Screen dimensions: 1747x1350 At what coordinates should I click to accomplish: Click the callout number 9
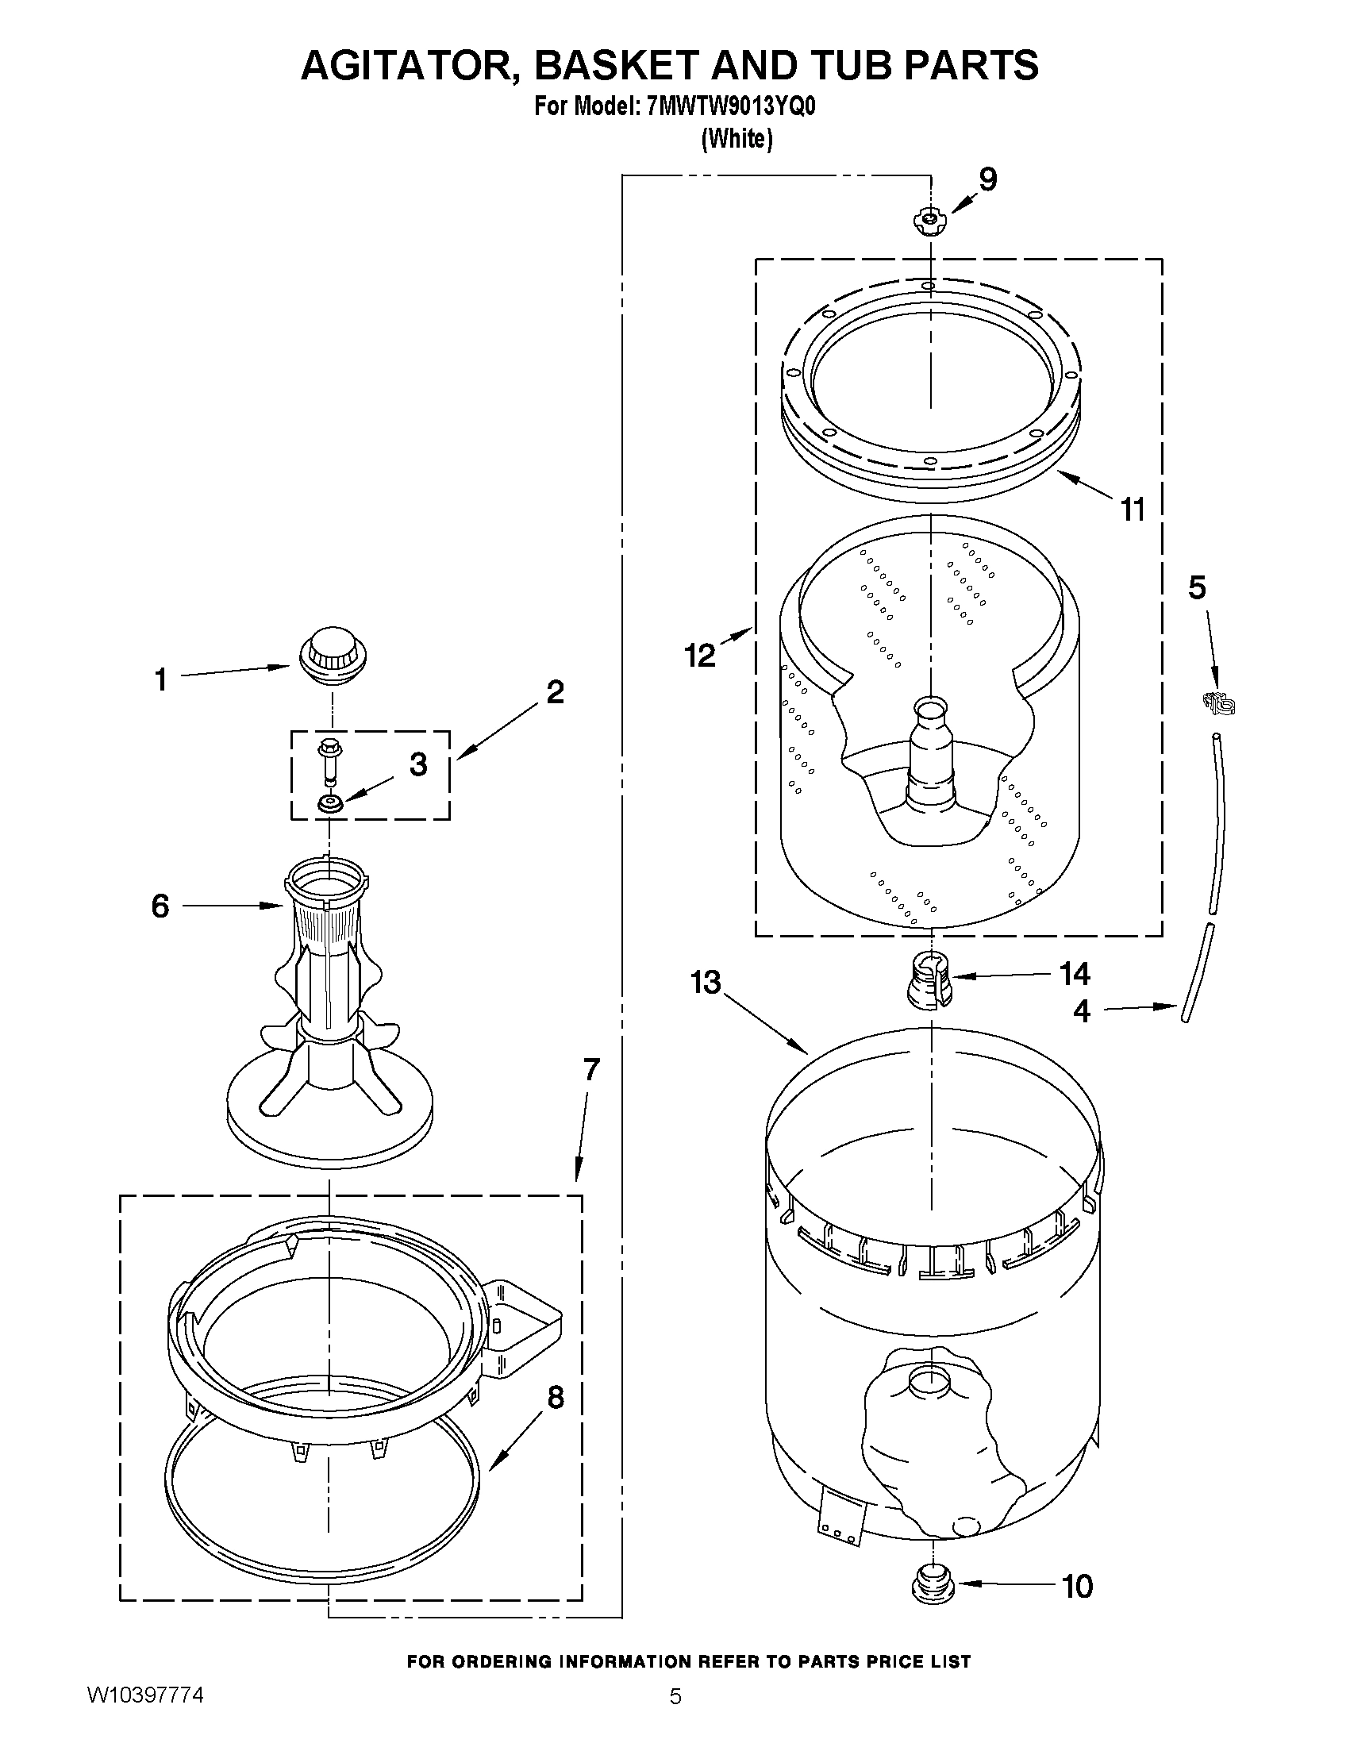pos(989,180)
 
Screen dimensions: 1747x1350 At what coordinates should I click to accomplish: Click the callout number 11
pos(1133,509)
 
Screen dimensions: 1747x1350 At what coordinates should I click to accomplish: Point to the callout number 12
pos(700,655)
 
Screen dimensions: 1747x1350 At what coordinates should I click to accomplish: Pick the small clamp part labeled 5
pos(1219,703)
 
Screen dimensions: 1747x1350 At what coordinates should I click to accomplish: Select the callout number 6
pos(161,906)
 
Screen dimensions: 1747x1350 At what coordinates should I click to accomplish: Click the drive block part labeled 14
pos(928,979)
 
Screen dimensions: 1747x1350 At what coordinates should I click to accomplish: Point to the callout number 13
pos(706,982)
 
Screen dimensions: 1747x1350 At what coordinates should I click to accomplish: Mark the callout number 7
pos(591,1068)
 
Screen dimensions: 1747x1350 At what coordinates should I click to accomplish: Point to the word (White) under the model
pos(737,139)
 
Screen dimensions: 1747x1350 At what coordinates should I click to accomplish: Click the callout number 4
pos(1081,1012)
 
